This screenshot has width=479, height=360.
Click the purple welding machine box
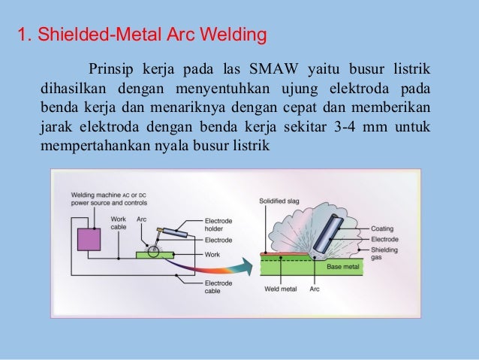(89, 240)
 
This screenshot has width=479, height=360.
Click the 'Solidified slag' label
(278, 201)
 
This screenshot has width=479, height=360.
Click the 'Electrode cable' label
(218, 288)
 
